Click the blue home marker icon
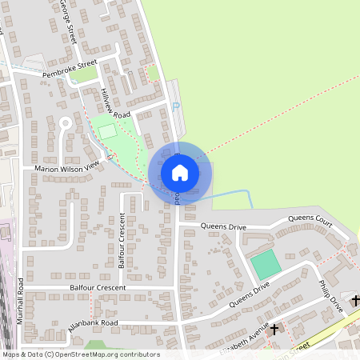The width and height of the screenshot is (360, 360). [x=180, y=172]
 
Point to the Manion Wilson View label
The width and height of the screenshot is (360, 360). [x=66, y=167]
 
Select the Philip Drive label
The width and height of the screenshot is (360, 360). [x=330, y=295]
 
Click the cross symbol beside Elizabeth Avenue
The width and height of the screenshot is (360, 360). [x=274, y=329]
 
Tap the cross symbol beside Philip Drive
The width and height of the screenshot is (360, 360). [x=355, y=300]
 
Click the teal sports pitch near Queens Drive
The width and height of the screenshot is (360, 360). [x=266, y=265]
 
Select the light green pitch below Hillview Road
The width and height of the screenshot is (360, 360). [x=107, y=131]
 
